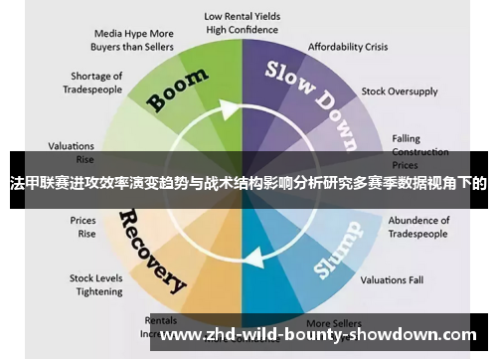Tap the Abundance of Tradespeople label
(x=418, y=227)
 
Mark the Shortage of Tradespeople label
(x=96, y=83)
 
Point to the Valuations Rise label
(x=71, y=150)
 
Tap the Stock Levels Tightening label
(x=94, y=285)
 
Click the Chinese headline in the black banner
(x=248, y=182)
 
